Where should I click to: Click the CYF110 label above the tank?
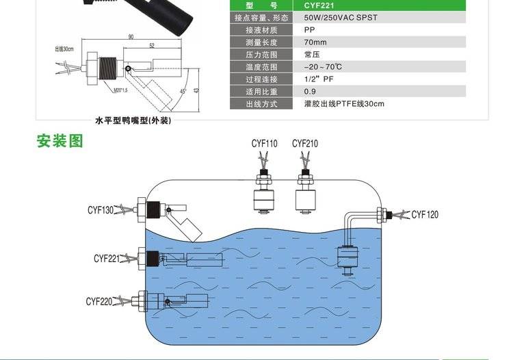(x=264, y=144)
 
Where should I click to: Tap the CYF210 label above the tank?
(x=305, y=144)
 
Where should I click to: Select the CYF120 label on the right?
(x=425, y=215)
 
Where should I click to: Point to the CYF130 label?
(x=100, y=209)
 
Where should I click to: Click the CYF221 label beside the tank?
(x=107, y=259)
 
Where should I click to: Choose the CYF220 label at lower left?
(x=99, y=301)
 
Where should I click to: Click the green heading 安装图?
(x=60, y=141)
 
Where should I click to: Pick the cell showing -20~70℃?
(x=323, y=67)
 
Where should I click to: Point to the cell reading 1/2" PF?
(x=318, y=79)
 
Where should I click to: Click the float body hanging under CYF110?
(x=264, y=201)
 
